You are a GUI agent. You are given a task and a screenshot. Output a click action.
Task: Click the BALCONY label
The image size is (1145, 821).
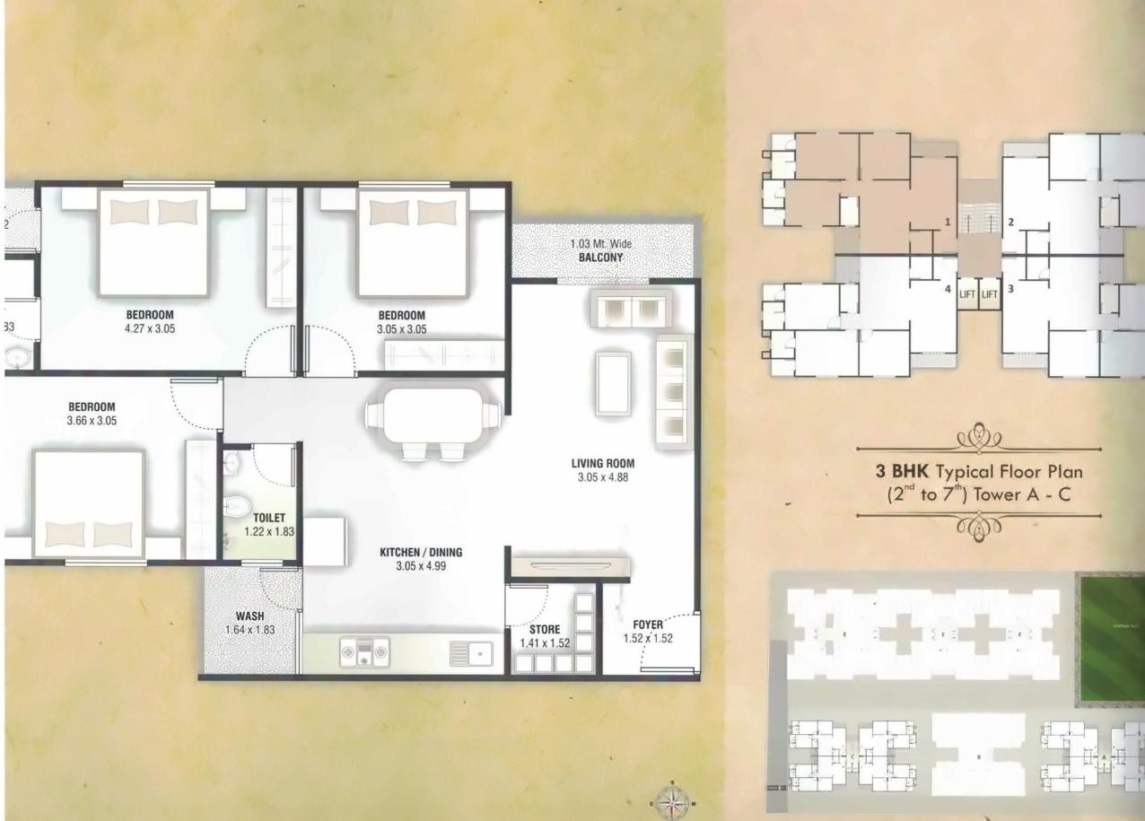(x=601, y=258)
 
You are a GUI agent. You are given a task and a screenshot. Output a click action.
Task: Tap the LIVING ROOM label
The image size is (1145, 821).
(x=603, y=464)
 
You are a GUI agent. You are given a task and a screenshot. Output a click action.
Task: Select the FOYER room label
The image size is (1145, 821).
(x=647, y=624)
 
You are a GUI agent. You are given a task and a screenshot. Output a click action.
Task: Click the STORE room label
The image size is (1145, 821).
(x=544, y=630)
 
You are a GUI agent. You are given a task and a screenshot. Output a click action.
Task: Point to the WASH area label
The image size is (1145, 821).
(x=249, y=616)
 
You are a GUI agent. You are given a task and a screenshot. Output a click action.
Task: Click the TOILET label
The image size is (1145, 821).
(x=268, y=518)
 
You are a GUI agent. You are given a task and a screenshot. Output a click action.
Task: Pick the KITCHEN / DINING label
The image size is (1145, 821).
(x=420, y=553)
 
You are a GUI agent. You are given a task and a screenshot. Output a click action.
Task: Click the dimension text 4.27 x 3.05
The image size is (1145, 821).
(x=150, y=328)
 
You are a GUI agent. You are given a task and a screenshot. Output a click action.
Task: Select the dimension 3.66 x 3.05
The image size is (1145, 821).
(x=92, y=420)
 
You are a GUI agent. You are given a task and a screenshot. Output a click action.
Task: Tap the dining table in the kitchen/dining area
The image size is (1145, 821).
(x=434, y=415)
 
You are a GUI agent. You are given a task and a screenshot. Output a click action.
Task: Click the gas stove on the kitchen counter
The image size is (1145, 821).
(x=364, y=651)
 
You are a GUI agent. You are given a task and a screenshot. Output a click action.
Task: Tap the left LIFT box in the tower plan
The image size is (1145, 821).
(x=966, y=293)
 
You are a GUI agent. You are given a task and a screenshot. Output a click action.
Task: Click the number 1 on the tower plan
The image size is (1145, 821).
(x=947, y=221)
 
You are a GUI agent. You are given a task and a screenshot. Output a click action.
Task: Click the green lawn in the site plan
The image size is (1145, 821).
(x=1112, y=638)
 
